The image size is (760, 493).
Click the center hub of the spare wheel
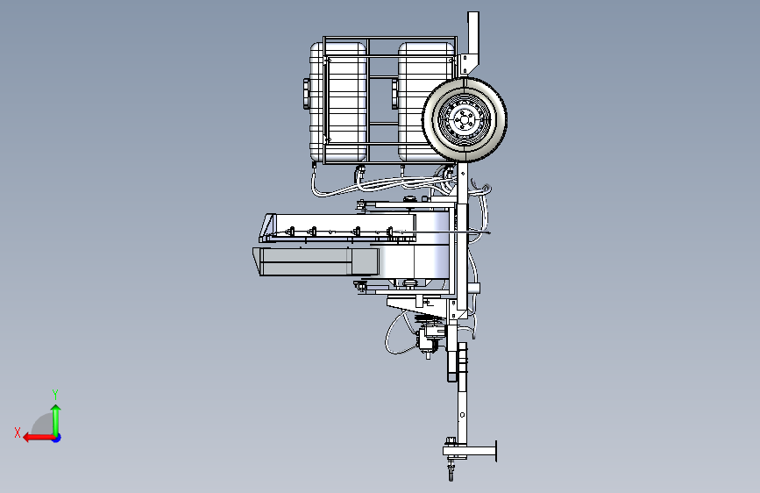pyautogui.click(x=464, y=119)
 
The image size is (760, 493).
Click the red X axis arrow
pyautogui.click(x=39, y=438)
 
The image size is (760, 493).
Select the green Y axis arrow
pyautogui.click(x=56, y=420)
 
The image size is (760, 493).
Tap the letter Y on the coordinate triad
pyautogui.click(x=55, y=394)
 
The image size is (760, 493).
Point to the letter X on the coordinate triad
pyautogui.click(x=18, y=432)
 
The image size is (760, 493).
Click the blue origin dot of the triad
pyautogui.click(x=57, y=438)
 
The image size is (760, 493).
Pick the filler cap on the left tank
pyautogui.click(x=306, y=94)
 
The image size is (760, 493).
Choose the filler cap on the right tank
pyautogui.click(x=394, y=94)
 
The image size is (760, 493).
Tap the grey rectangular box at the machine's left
pyautogui.click(x=316, y=261)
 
